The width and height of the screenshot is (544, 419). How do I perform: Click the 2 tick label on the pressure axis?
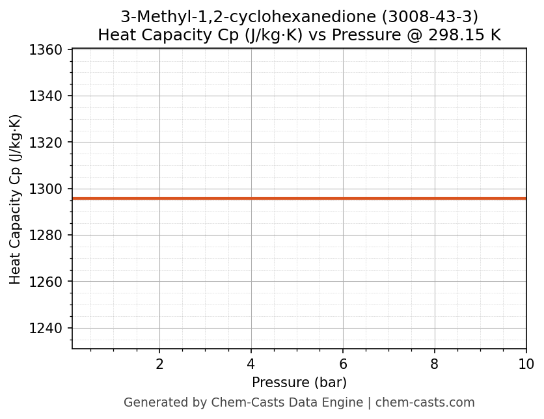click(x=159, y=364)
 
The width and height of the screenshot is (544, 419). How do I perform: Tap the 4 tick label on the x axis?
click(x=251, y=364)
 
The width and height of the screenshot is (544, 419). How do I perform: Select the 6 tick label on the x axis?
click(x=343, y=364)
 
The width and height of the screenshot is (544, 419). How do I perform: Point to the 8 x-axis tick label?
click(x=435, y=364)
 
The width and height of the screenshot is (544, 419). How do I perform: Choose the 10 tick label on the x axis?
click(x=526, y=364)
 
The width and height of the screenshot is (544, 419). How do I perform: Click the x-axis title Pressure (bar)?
click(x=299, y=383)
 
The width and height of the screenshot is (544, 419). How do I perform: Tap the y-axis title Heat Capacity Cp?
click(x=16, y=199)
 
